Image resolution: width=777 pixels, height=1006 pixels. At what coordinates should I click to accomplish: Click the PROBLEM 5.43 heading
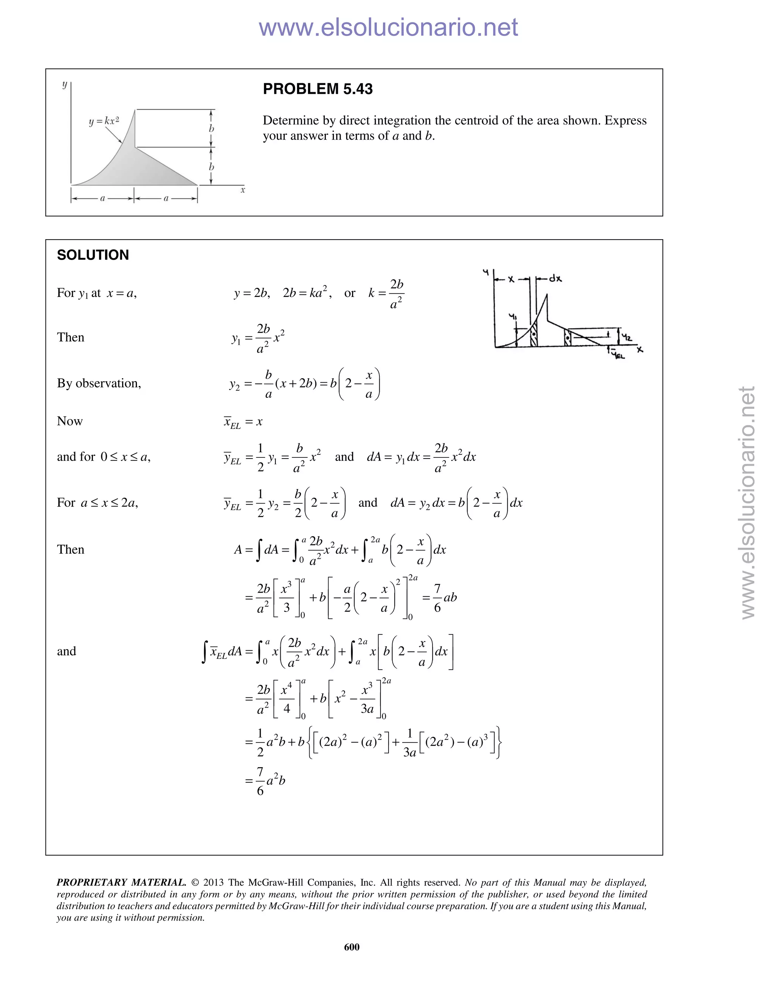pyautogui.click(x=318, y=89)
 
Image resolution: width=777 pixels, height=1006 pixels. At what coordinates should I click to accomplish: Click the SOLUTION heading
pyautogui.click(x=93, y=255)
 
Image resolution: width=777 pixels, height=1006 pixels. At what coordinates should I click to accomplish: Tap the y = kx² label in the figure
pyautogui.click(x=104, y=121)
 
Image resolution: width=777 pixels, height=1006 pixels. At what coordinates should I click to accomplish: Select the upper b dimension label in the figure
pyautogui.click(x=211, y=129)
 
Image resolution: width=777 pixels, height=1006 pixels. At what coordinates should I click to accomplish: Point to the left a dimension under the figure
pyautogui.click(x=103, y=199)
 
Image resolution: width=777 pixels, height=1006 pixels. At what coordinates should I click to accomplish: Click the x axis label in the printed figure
pyautogui.click(x=242, y=190)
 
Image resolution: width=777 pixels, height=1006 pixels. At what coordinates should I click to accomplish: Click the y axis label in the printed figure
pyautogui.click(x=64, y=84)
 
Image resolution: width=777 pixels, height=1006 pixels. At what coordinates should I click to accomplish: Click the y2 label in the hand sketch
pyautogui.click(x=626, y=337)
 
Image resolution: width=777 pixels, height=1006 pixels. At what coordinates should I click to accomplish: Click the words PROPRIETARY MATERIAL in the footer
pyautogui.click(x=121, y=882)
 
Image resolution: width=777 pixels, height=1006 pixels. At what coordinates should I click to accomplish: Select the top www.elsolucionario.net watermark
pyautogui.click(x=388, y=27)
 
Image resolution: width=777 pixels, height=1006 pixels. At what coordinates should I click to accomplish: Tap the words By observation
pyautogui.click(x=99, y=383)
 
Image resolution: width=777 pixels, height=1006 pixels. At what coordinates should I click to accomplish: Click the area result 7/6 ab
pyautogui.click(x=444, y=598)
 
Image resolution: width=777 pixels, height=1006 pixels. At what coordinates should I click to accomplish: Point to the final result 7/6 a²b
pyautogui.click(x=271, y=781)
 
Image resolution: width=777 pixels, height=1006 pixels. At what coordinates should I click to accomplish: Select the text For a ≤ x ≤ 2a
pyautogui.click(x=98, y=503)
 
